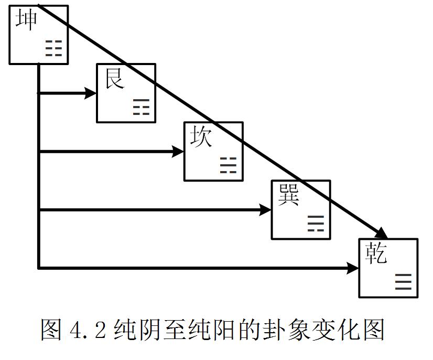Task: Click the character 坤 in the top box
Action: pos(26,20)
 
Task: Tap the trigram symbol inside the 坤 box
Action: pos(53,48)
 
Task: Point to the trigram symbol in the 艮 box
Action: pos(141,107)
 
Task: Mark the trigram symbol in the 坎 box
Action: pos(228,165)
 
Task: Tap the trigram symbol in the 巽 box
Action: pos(316,224)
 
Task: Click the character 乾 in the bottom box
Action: pos(376,253)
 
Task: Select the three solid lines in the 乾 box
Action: pos(403,282)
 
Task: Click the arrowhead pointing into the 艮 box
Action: pos(91,93)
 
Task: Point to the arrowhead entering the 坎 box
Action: pos(178,152)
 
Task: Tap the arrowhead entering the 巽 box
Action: pos(265,210)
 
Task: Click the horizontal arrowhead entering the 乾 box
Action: pos(353,269)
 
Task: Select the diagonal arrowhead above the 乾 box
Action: pos(382,234)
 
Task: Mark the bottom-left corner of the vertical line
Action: pos(39,268)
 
